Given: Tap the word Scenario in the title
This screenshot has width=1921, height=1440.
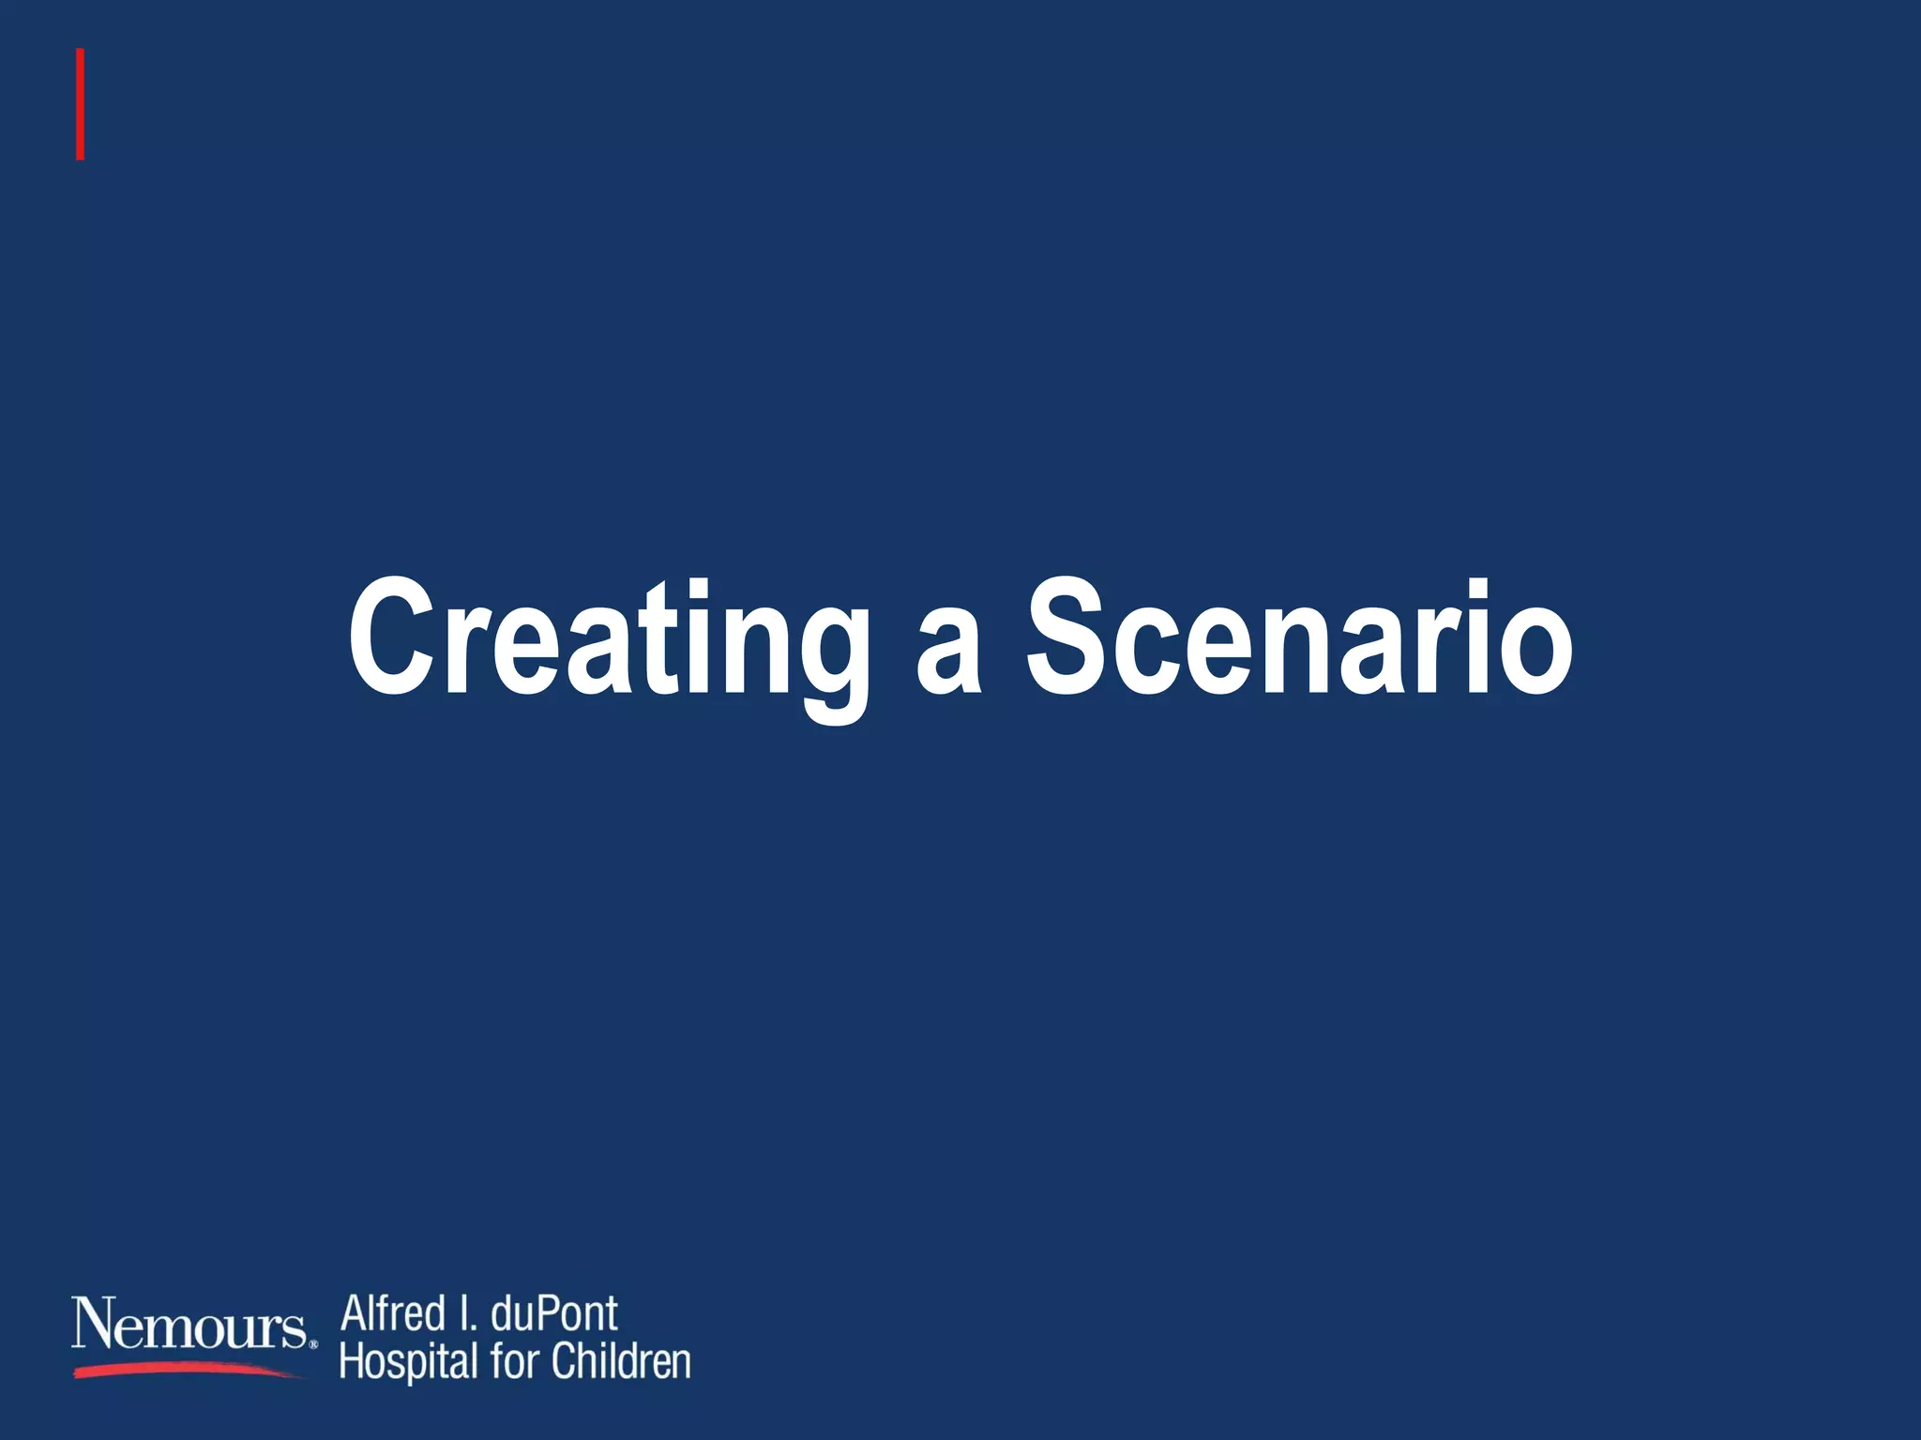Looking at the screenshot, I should (x=1299, y=637).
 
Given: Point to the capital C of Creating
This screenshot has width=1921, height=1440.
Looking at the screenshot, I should (x=391, y=637).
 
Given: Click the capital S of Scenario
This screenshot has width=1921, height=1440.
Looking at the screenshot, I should (x=1071, y=637).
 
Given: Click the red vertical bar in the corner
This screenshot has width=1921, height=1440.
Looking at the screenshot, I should (x=81, y=104).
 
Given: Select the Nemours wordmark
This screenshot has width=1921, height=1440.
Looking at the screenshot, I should (x=189, y=1325).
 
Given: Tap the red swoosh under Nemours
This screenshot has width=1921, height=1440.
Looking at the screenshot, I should (x=188, y=1371).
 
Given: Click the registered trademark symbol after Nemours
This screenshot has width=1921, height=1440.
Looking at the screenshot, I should (x=313, y=1344).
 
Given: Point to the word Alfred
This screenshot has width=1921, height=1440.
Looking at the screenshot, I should (x=393, y=1313).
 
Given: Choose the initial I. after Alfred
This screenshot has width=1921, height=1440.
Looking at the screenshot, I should (x=466, y=1313).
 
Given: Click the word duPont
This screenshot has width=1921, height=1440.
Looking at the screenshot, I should (x=554, y=1313).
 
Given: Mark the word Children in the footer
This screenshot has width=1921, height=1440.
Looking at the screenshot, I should (x=621, y=1361).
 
